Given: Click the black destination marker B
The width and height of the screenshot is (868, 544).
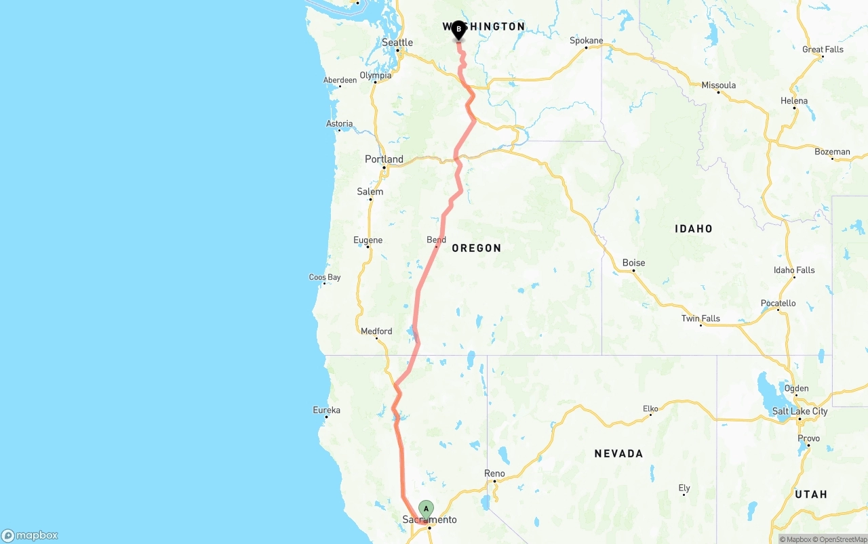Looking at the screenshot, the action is [x=458, y=30].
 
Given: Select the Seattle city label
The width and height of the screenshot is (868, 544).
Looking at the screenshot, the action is [x=397, y=43].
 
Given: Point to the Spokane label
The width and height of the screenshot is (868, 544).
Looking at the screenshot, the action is [x=586, y=41].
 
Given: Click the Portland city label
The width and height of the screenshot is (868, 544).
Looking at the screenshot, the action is [x=384, y=159].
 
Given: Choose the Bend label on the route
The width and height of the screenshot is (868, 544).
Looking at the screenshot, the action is [x=436, y=240].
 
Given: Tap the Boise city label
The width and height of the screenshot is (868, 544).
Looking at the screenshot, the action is [x=633, y=263].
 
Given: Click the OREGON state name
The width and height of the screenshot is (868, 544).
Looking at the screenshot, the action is [x=477, y=248].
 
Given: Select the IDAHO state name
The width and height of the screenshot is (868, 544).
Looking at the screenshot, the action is [x=693, y=229].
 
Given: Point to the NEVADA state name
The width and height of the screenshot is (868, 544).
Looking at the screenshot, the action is [x=618, y=453].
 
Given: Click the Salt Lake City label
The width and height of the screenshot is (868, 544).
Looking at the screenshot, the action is [x=800, y=411].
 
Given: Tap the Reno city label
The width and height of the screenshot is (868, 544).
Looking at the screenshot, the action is [x=494, y=474].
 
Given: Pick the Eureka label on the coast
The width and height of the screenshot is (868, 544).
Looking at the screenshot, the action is [x=326, y=410].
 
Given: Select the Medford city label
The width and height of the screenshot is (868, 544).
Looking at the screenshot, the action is [x=376, y=331].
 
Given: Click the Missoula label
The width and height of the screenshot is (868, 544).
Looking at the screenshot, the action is [x=718, y=85].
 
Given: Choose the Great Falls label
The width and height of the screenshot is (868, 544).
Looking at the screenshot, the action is [x=823, y=49].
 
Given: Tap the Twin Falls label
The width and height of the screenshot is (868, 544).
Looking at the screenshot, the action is [x=701, y=318].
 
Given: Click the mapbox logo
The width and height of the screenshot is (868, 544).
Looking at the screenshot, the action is [x=30, y=535].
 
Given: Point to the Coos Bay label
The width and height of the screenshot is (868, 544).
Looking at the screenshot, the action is [x=325, y=277].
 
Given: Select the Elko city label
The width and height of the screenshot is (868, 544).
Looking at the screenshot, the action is [x=650, y=409].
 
